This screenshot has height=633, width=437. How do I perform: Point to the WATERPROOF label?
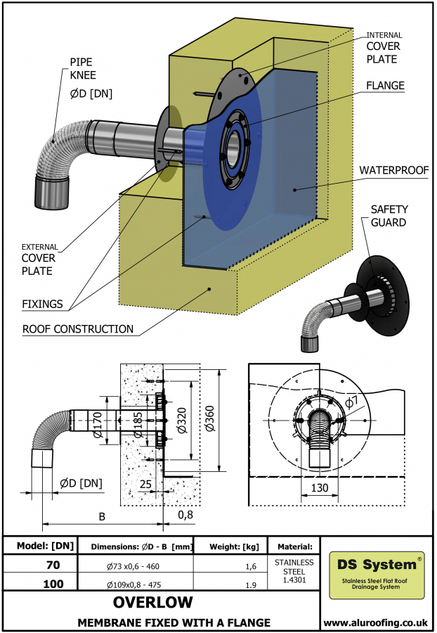(x=393, y=170)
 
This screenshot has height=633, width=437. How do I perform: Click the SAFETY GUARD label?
(x=389, y=216)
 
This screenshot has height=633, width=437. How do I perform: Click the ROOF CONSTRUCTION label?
(x=77, y=328)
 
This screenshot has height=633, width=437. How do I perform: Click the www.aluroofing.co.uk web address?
(x=377, y=622)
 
